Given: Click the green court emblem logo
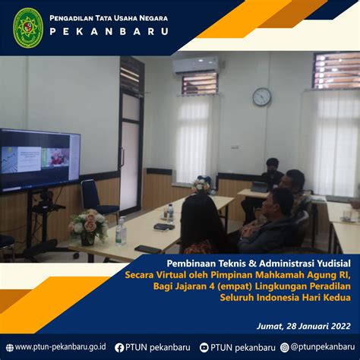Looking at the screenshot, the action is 27,27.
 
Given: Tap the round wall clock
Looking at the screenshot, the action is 262,96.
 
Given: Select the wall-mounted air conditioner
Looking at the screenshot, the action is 195,65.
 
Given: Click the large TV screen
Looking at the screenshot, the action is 39,160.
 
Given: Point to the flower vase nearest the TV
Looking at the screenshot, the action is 87,227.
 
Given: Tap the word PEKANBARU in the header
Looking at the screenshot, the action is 109,32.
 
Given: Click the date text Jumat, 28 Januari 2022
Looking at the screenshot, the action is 304,326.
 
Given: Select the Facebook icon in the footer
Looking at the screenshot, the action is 119,348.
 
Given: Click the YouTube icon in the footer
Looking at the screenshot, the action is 204,348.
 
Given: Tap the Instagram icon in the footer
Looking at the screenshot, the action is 285,348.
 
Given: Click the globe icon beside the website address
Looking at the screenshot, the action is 10,348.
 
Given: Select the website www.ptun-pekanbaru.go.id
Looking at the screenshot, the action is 60,347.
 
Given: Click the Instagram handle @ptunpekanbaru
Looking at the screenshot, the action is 322,347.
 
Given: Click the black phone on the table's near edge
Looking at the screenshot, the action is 147,249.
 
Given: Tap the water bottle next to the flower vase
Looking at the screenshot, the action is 121,232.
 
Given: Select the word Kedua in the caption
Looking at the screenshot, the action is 339,297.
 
